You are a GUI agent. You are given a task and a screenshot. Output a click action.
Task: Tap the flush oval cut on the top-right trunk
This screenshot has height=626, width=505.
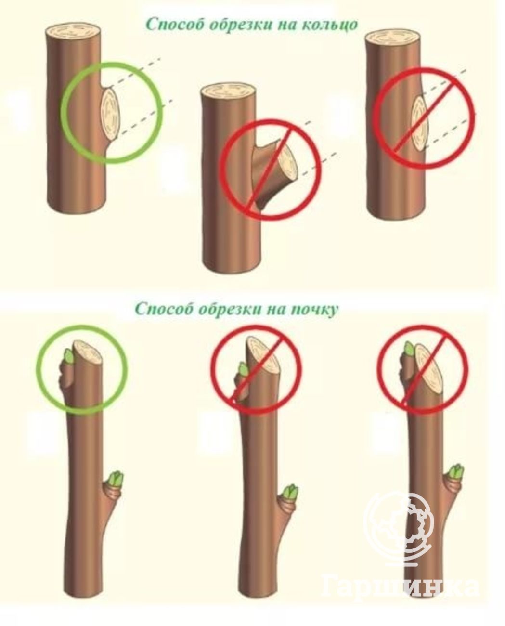tap(420, 124)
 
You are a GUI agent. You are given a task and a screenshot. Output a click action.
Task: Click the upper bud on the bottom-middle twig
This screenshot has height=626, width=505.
tap(243, 370)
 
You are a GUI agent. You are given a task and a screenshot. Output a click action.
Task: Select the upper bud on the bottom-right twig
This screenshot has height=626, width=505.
tap(409, 349)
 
